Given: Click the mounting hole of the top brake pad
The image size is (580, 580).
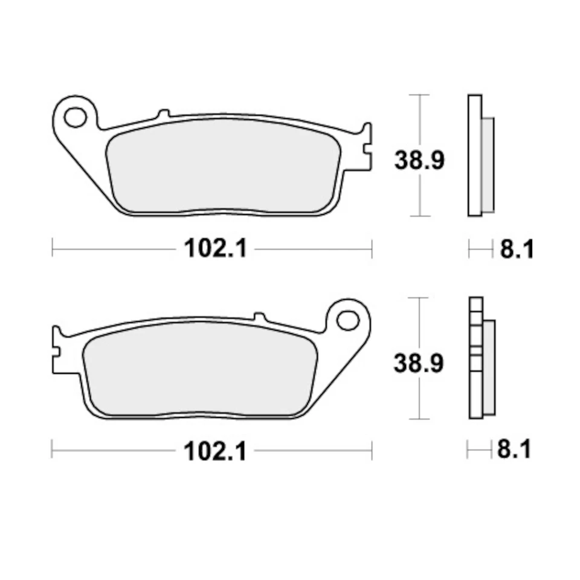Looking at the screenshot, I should [76, 117].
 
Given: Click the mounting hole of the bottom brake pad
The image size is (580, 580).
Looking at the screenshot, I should [347, 320].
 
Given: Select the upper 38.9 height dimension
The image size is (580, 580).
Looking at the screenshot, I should [419, 161].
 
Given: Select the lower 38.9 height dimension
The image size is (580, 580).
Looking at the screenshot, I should [419, 364].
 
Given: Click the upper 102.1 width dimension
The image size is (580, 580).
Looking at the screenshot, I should [215, 248].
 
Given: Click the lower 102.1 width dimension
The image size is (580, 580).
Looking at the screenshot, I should [215, 451].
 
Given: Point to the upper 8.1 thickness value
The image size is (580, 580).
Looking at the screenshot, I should [517, 249].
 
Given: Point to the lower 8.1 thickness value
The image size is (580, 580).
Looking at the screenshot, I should [514, 449].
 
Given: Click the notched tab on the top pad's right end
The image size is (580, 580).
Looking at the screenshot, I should [366, 147].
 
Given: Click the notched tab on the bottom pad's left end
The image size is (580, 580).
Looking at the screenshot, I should [57, 349].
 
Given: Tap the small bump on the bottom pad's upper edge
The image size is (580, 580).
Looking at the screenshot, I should [259, 317].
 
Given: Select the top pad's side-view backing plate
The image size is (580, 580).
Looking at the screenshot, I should [475, 155].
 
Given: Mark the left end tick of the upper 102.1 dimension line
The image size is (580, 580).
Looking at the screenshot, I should [53, 248].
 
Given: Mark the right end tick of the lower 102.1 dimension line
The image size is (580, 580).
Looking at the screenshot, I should [371, 451].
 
